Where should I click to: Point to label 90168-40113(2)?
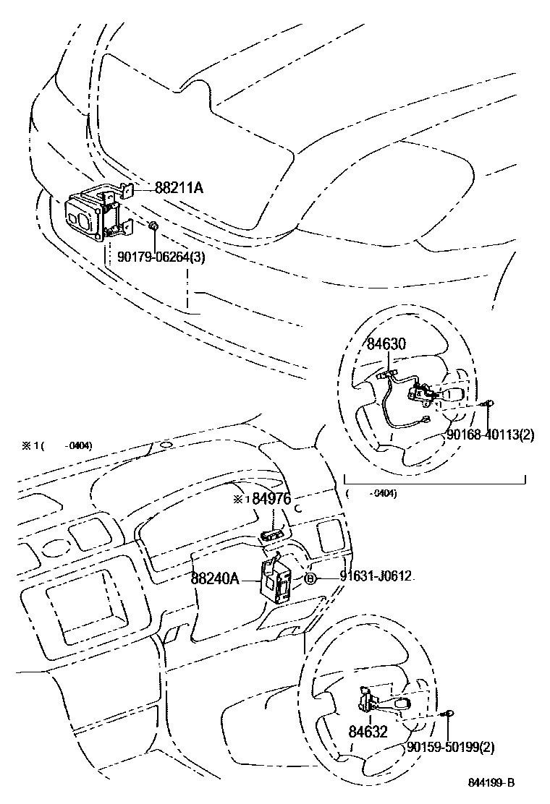click(490, 435)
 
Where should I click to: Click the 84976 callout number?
click(271, 499)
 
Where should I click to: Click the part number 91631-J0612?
click(377, 576)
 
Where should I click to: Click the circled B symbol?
click(309, 578)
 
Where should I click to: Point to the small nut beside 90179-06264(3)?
click(153, 228)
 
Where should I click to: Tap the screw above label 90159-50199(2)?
click(449, 714)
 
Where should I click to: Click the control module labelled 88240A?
click(276, 579)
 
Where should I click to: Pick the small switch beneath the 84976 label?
click(273, 534)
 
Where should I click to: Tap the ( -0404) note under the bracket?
click(371, 494)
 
